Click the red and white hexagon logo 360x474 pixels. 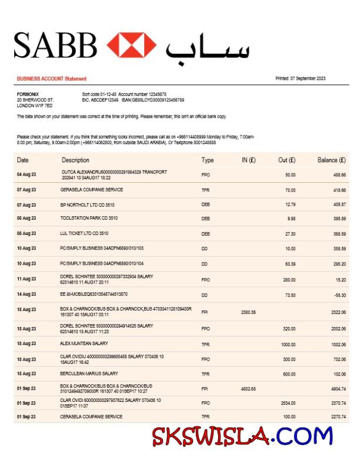(x=131, y=45)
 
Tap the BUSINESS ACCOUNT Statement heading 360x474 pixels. (x=52, y=79)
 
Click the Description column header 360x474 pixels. (x=76, y=160)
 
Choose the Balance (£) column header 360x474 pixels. (x=331, y=160)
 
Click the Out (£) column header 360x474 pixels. (x=287, y=160)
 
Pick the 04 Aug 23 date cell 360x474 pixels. (x=26, y=175)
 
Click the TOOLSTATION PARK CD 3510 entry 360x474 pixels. (x=89, y=219)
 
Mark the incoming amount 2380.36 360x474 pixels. (x=248, y=312)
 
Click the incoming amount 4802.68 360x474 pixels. (x=248, y=388)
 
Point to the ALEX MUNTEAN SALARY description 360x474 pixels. (x=84, y=344)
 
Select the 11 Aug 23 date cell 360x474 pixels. (x=26, y=279)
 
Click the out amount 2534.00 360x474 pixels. (x=287, y=403)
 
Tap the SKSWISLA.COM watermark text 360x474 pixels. (x=242, y=437)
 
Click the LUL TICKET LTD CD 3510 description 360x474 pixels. (x=84, y=233)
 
